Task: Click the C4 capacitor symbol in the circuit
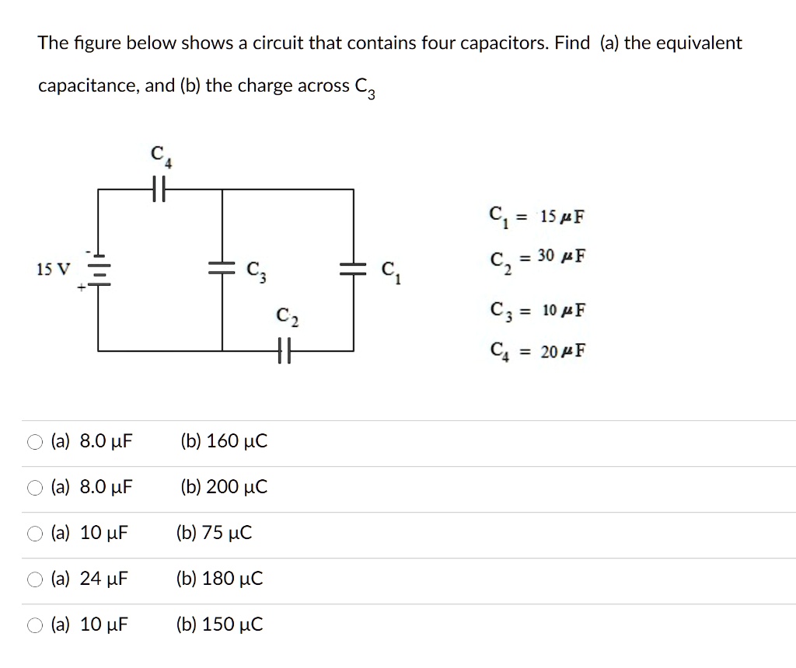click(160, 188)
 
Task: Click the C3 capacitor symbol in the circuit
click(223, 268)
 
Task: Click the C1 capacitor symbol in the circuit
click(354, 268)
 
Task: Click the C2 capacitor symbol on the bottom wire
click(285, 352)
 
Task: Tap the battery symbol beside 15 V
click(98, 270)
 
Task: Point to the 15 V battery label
click(52, 270)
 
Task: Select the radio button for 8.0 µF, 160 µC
click(36, 443)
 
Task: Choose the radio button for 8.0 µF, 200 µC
click(36, 489)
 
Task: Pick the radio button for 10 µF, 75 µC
click(36, 534)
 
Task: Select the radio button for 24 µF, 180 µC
click(36, 579)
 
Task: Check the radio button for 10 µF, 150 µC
click(36, 625)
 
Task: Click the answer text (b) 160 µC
click(224, 442)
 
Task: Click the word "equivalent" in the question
click(697, 43)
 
